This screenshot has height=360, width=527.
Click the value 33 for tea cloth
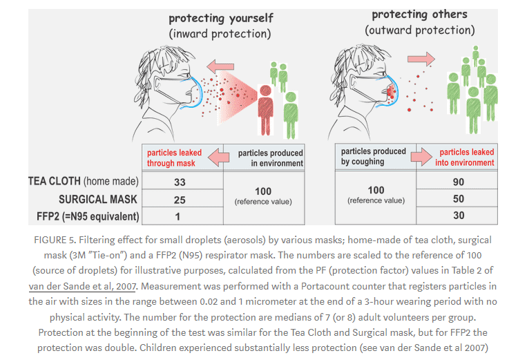(x=180, y=182)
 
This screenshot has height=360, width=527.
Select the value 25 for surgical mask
(x=180, y=200)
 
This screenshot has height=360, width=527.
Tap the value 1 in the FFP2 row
(x=178, y=216)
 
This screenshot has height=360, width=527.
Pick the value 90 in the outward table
(x=459, y=182)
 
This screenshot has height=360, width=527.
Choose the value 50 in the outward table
(x=459, y=198)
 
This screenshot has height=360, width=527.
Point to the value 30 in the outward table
(x=459, y=215)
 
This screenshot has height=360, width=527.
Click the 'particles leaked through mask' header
(x=174, y=158)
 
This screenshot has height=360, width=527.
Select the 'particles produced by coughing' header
(x=374, y=156)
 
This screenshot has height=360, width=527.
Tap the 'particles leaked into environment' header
(x=464, y=157)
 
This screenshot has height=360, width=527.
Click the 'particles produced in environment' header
(x=271, y=158)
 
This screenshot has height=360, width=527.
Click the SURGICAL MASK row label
(x=98, y=199)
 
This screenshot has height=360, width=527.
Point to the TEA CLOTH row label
(x=84, y=181)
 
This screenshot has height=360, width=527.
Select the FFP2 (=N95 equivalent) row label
(x=88, y=216)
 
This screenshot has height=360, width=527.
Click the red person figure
(x=265, y=110)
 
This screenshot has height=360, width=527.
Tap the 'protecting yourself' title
(x=221, y=18)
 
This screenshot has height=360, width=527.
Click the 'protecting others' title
(x=419, y=15)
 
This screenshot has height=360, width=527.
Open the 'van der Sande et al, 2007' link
(x=82, y=286)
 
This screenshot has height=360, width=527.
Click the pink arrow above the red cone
(x=220, y=66)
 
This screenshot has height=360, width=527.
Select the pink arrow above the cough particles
(x=421, y=59)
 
